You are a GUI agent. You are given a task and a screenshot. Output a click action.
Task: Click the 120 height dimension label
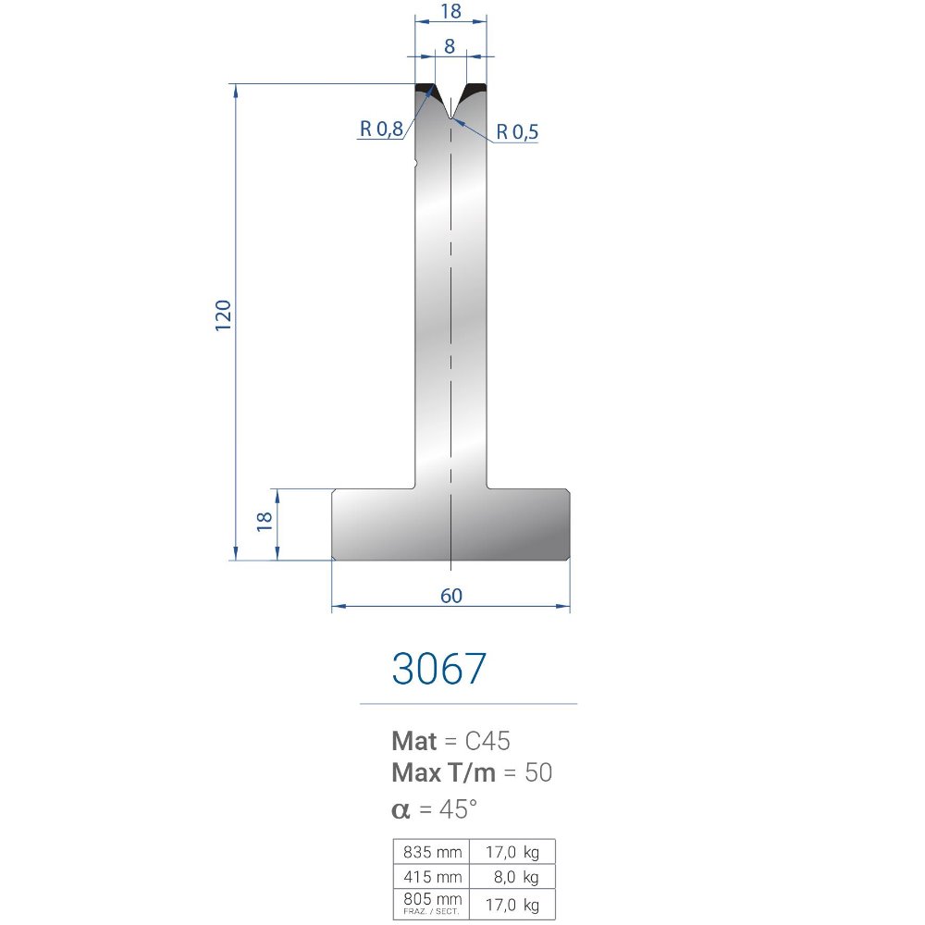[x=223, y=315]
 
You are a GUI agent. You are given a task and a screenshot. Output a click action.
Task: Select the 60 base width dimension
[x=451, y=596]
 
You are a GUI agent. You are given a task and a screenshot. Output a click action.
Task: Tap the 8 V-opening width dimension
[x=450, y=46]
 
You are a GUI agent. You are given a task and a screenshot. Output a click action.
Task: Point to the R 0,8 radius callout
[x=381, y=129]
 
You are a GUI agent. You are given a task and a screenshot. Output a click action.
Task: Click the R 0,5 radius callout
[x=517, y=131]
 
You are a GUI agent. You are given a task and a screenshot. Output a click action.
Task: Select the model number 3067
[x=438, y=669]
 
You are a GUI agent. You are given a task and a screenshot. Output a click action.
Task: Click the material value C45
[x=487, y=741]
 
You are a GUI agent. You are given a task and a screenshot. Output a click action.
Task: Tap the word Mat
[x=414, y=741]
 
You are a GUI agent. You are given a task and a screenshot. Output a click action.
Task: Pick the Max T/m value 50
[x=538, y=772]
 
